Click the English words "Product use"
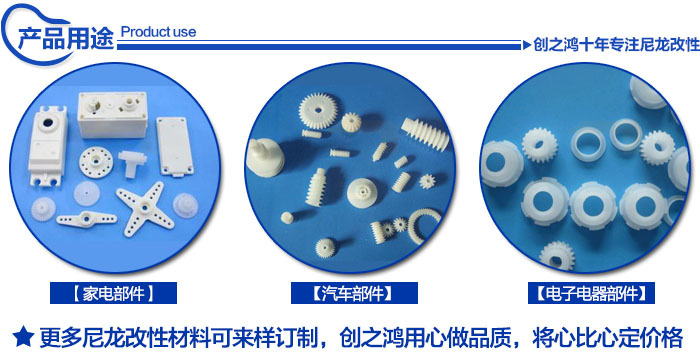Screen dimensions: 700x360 coord(158,32)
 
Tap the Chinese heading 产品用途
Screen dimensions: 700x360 coord(66,39)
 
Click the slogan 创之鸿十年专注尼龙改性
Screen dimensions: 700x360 coord(617,45)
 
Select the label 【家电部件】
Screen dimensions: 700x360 coord(113,293)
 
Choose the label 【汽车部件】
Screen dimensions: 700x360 coord(354,293)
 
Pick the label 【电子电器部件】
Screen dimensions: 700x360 coord(591,293)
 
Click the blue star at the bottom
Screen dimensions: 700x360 coord(23,337)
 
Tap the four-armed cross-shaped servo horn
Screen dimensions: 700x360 coord(145,209)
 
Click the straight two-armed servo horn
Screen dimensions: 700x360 coord(86,218)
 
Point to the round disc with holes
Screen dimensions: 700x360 coord(96,161)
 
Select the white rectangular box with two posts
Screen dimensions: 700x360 coord(112,114)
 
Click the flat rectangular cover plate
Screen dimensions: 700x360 coord(175,146)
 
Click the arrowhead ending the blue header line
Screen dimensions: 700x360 coord(527,45)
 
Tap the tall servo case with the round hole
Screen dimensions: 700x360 coord(48,145)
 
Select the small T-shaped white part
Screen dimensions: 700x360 coord(132,163)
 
